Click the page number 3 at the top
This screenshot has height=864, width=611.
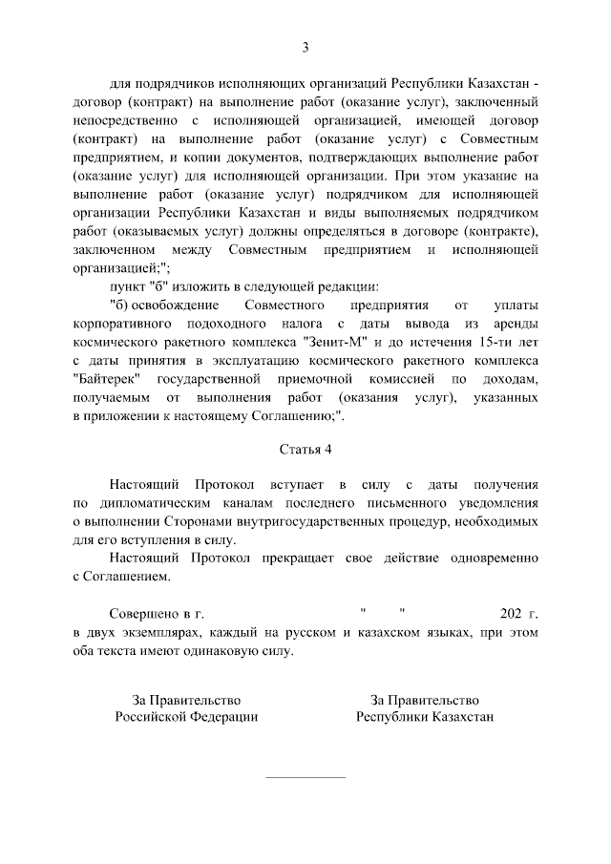305,47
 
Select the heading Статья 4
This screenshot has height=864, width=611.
305,449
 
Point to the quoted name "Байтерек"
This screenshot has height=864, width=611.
109,377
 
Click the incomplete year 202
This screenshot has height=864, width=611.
512,613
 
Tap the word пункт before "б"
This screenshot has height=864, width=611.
128,285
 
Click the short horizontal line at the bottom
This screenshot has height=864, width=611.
305,777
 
